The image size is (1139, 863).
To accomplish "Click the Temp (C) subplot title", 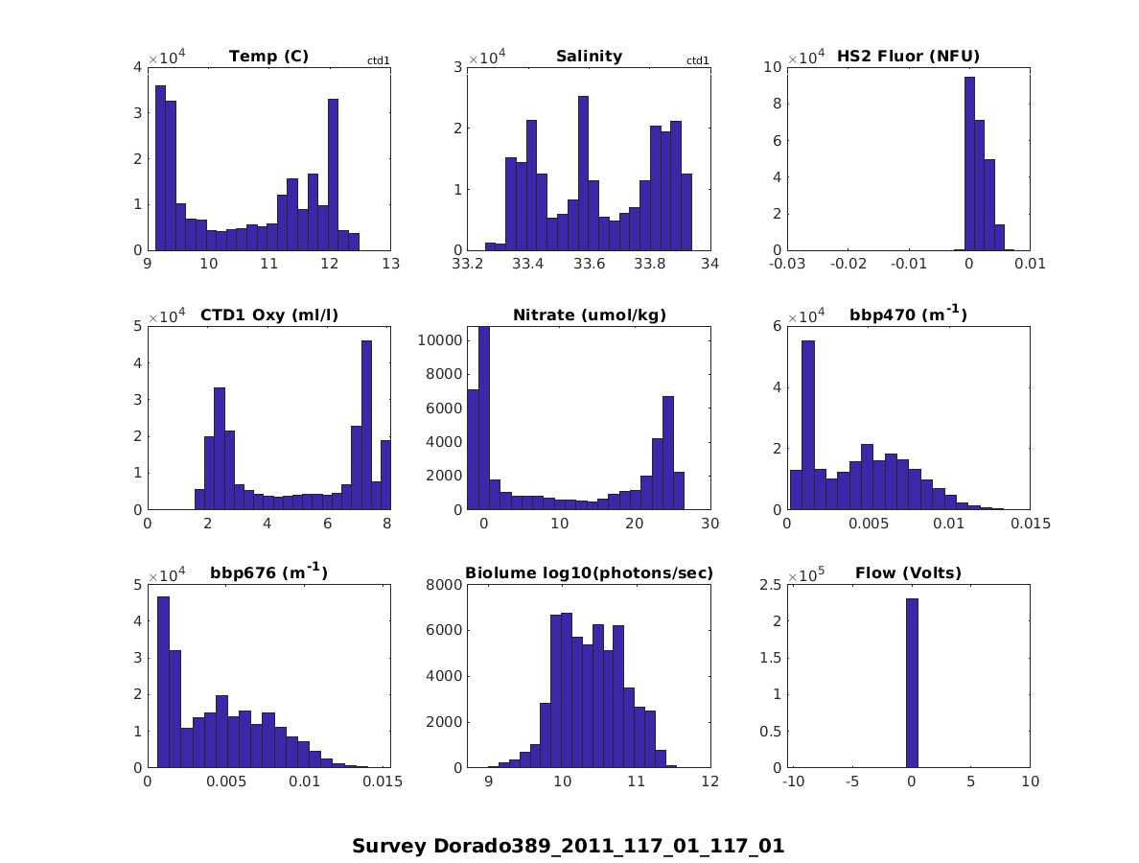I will pos(268,57).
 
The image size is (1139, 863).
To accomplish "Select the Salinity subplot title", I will pos(589,57).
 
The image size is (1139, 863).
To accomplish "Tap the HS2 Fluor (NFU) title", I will pos(908,57).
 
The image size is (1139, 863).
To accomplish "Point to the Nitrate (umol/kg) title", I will pos(589,315).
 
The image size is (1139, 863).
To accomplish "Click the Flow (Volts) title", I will pos(908,573).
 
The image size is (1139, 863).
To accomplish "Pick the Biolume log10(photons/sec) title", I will pos(589,573).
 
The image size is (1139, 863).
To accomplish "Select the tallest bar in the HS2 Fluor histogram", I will pos(969,163).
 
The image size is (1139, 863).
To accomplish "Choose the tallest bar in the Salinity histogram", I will pos(583,173).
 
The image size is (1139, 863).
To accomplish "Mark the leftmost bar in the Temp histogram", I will pos(160,168).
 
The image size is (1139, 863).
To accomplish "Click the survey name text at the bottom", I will pos(568,846).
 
